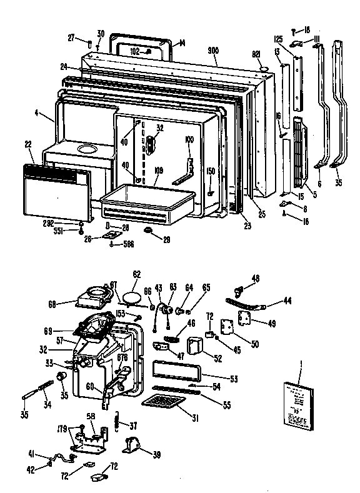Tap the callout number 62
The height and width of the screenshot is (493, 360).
tap(137, 274)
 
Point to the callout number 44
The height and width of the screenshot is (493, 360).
tap(287, 301)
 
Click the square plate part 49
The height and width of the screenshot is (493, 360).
tap(245, 318)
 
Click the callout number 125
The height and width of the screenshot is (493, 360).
tap(279, 39)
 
